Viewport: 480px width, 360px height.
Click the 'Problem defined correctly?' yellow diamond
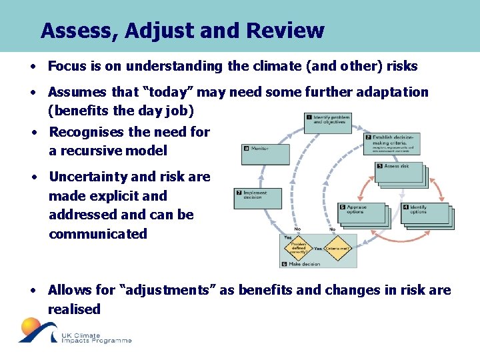(x=298, y=248)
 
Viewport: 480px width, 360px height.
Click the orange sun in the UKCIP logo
(x=31, y=327)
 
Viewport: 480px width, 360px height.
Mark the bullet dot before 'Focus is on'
(x=32, y=67)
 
